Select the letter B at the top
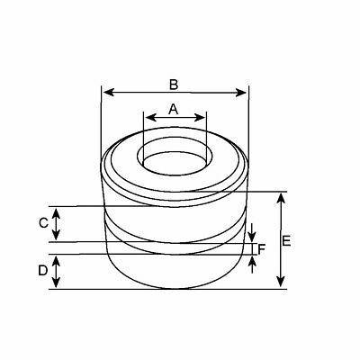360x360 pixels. click(x=174, y=84)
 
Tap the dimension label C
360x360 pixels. click(x=42, y=224)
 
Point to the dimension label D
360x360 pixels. click(x=42, y=271)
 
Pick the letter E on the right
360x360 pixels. click(x=287, y=240)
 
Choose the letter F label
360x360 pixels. click(x=262, y=248)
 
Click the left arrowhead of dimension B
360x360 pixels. click(x=105, y=91)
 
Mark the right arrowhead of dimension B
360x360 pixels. click(x=243, y=91)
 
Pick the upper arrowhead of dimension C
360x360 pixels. click(x=57, y=210)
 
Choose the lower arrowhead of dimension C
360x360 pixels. click(x=57, y=238)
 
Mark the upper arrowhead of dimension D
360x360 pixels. click(x=57, y=258)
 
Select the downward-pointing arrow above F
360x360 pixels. click(x=253, y=236)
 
